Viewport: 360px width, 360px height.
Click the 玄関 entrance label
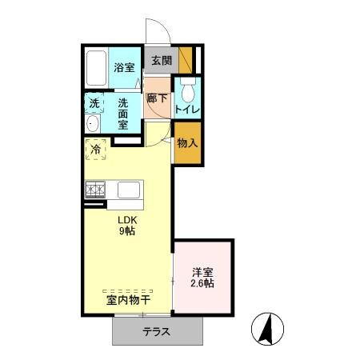(x=162, y=61)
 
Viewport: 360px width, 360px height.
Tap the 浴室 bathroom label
(x=124, y=67)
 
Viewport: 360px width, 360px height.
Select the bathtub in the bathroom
(x=96, y=68)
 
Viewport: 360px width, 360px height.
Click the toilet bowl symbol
(x=188, y=90)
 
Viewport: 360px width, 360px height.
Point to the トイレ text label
(x=187, y=110)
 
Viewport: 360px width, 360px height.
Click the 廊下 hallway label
(x=157, y=98)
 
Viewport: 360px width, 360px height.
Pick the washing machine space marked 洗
(x=94, y=103)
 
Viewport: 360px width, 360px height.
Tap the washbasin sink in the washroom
(x=93, y=124)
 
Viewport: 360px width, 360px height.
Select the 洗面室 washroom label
(x=123, y=114)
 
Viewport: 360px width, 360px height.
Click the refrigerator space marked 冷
(x=96, y=150)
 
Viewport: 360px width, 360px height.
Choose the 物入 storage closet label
(x=187, y=143)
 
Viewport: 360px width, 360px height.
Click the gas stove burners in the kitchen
(x=95, y=190)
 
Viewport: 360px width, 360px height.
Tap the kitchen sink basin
(x=129, y=190)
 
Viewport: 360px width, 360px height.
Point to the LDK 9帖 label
(x=127, y=226)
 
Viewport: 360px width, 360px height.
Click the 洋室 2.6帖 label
(x=202, y=278)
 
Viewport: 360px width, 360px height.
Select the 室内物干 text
(x=129, y=301)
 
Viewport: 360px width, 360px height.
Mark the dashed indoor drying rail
(x=128, y=291)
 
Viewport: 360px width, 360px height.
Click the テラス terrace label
(x=156, y=332)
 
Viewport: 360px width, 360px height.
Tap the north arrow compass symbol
(x=267, y=329)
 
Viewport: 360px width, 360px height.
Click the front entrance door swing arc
(x=165, y=26)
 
